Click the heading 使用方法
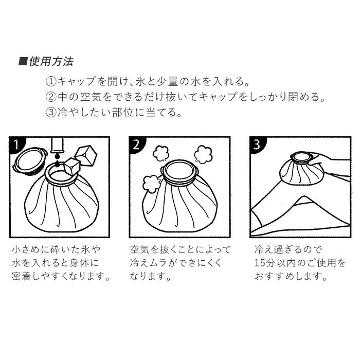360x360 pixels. [51, 62]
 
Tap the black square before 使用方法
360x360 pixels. [23, 62]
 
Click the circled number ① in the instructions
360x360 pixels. [51, 81]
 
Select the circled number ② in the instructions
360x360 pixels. [51, 97]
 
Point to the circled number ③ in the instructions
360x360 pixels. [51, 113]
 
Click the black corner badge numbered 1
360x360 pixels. [16, 143]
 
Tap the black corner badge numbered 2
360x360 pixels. [136, 144]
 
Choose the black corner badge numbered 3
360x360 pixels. [257, 144]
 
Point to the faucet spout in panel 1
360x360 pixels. [58, 145]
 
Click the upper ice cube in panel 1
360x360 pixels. [86, 156]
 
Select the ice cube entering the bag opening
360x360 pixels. [72, 168]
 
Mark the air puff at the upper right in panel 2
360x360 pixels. [203, 154]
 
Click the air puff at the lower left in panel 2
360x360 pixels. [152, 184]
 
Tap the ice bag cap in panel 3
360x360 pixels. [302, 158]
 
